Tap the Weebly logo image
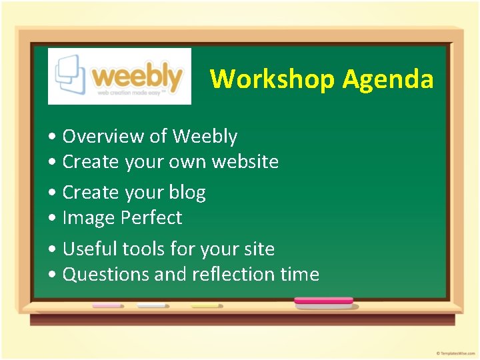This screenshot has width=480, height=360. click(x=119, y=76)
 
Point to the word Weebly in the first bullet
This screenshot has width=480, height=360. click(x=205, y=137)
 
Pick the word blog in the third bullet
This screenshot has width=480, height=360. click(x=187, y=193)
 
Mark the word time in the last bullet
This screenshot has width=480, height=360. click(x=299, y=275)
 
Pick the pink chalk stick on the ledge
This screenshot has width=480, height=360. click(x=107, y=305)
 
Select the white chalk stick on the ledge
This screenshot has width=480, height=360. click(x=151, y=305)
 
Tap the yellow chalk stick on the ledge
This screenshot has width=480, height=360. click(x=205, y=305)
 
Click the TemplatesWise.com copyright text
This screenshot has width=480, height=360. click(x=455, y=353)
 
